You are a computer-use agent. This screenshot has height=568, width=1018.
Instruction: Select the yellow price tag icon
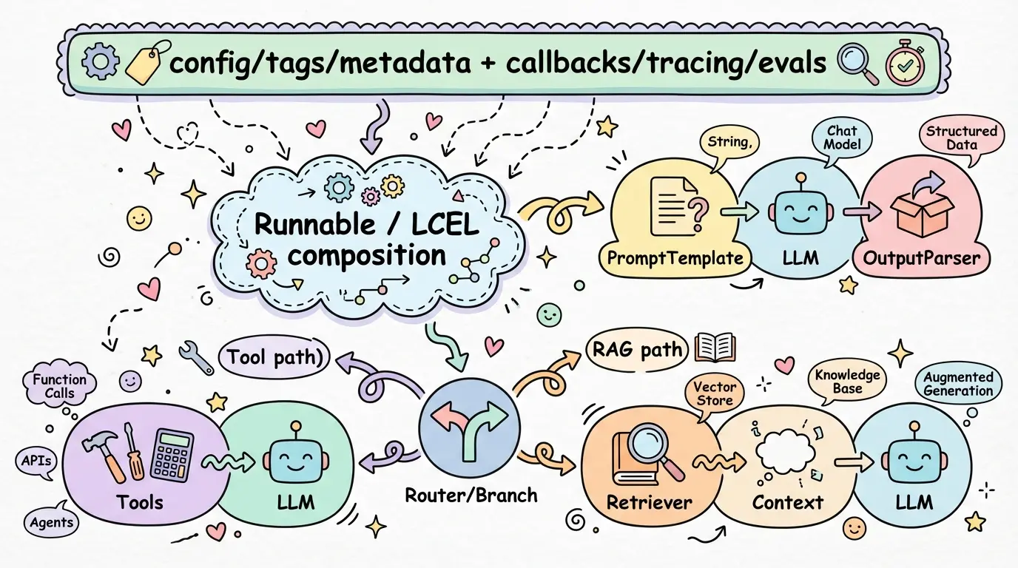pos(145,62)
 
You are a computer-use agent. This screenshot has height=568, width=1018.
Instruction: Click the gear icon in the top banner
pos(100,63)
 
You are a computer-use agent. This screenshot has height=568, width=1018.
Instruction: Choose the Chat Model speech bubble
pos(843,138)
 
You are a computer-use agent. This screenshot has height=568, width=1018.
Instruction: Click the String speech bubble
pos(729,143)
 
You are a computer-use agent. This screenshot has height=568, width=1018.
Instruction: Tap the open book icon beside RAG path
pos(715,348)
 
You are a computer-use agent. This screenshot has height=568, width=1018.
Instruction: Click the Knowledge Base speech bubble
pos(847,382)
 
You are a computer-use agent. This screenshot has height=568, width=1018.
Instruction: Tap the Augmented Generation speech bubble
pos(958,385)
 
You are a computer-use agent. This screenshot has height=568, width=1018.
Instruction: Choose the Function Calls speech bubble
pos(60,385)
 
